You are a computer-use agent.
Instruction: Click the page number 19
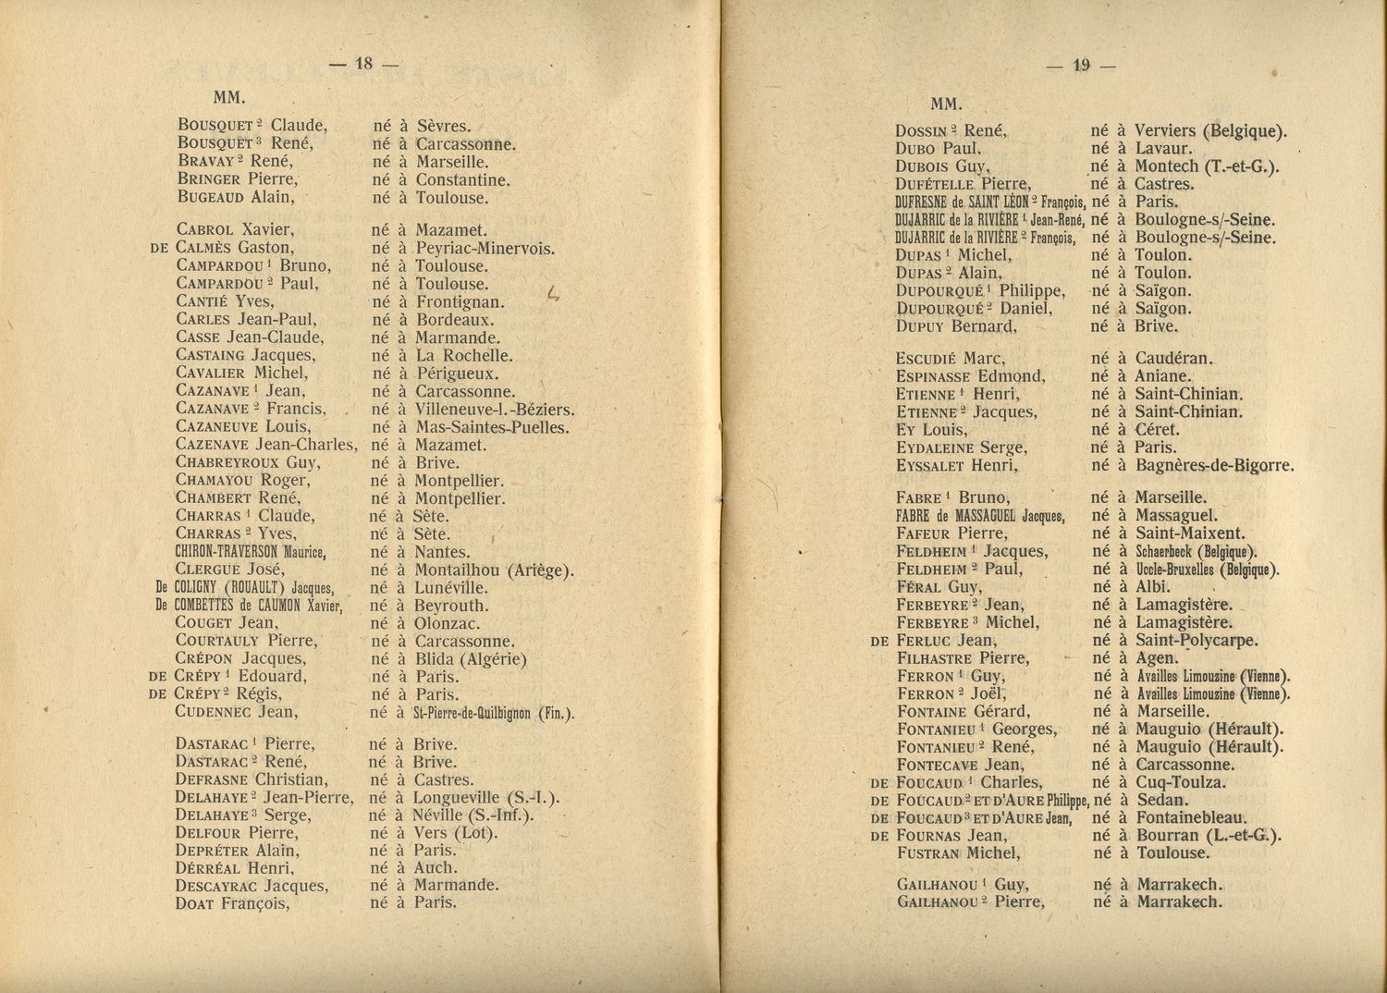coord(1081,65)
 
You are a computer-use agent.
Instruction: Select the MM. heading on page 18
coord(227,96)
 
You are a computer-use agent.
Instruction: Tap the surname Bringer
coord(212,180)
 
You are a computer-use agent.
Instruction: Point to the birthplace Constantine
coord(463,180)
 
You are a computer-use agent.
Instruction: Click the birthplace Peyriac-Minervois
coord(485,249)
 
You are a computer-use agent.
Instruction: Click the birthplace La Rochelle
coord(463,356)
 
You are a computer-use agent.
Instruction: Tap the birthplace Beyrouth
coord(450,606)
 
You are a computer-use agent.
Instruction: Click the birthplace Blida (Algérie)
coord(471,659)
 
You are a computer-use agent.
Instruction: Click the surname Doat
coord(195,904)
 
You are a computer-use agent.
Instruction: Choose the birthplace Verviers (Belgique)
coord(1210,131)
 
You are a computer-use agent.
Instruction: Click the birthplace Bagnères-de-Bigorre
coord(1214,466)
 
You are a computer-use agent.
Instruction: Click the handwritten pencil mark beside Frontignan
coord(553,294)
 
